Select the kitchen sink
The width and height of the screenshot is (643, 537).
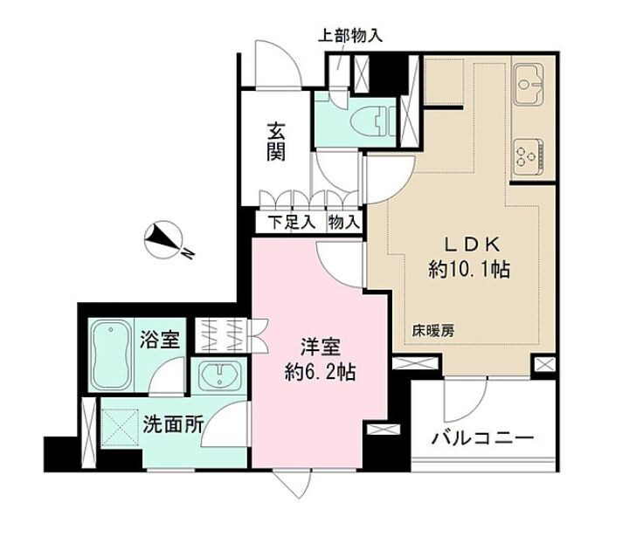(x=529, y=84)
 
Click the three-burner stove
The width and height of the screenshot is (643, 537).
(x=529, y=155)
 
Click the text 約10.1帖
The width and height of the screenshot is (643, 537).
(x=469, y=269)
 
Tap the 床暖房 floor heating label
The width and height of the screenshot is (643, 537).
(x=433, y=331)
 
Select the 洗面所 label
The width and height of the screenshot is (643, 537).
(x=176, y=425)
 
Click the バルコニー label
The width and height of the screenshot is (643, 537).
(x=481, y=437)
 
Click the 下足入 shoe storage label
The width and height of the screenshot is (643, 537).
(x=289, y=223)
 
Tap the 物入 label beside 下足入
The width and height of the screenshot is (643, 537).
(x=343, y=223)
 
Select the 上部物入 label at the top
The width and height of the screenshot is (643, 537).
(x=348, y=36)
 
